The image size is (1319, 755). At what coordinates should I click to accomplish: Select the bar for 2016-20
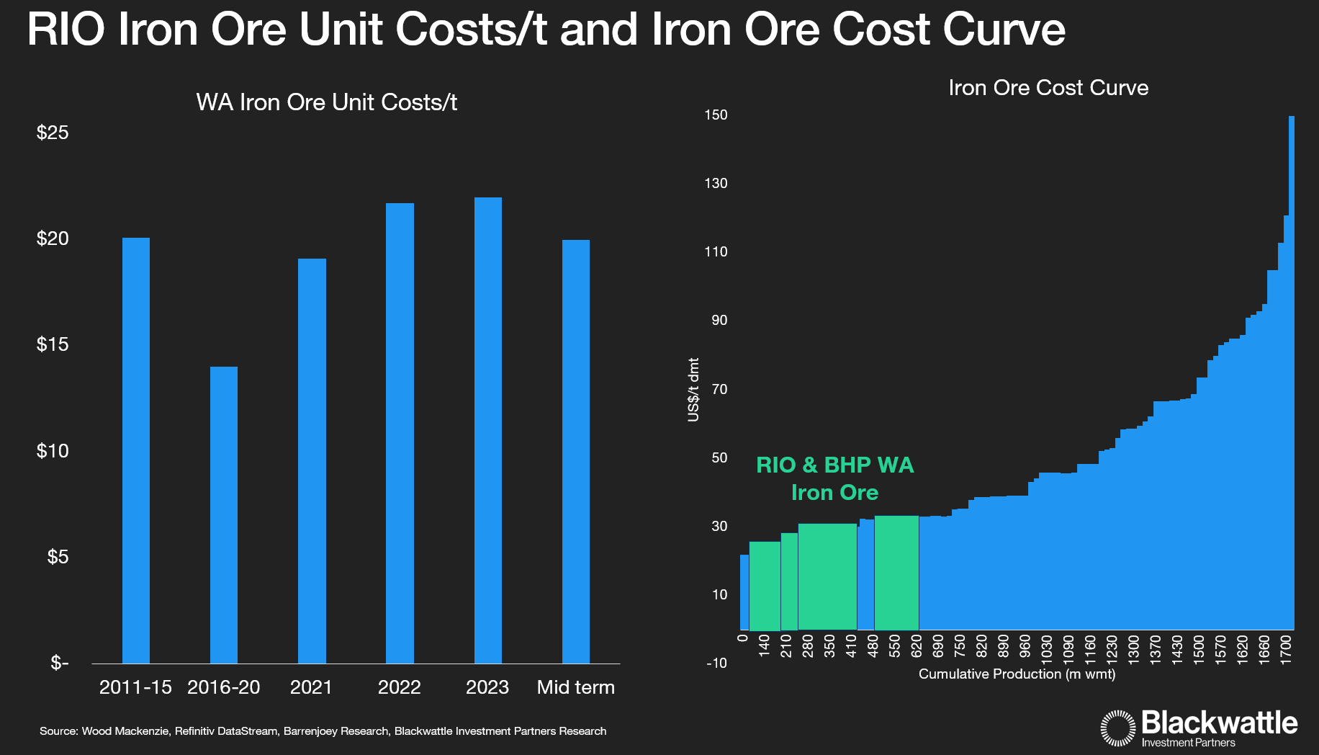[223, 514]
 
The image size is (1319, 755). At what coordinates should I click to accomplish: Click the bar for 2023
[487, 430]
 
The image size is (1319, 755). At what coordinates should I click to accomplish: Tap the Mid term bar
[575, 451]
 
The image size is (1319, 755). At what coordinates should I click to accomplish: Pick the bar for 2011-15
[135, 450]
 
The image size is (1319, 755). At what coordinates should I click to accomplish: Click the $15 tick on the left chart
[53, 344]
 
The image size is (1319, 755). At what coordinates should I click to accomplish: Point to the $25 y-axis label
[53, 133]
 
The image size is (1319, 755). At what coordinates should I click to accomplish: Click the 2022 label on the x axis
[399, 687]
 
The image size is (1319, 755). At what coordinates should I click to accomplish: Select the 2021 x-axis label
[311, 687]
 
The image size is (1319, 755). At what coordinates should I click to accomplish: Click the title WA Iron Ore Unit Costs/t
[326, 102]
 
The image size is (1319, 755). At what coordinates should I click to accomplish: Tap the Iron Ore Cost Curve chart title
[1048, 88]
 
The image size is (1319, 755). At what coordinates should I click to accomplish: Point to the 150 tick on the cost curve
[716, 115]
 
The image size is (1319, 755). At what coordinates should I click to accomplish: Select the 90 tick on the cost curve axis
[719, 321]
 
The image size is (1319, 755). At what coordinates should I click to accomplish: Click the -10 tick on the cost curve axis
[716, 663]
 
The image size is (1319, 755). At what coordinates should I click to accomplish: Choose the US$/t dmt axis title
[693, 390]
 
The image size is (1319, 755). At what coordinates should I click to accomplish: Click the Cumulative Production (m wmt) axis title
[1017, 674]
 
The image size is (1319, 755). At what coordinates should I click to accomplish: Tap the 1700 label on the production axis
[1285, 646]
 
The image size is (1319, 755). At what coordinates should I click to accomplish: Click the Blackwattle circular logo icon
[1117, 728]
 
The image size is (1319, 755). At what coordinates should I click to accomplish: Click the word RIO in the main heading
[66, 30]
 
